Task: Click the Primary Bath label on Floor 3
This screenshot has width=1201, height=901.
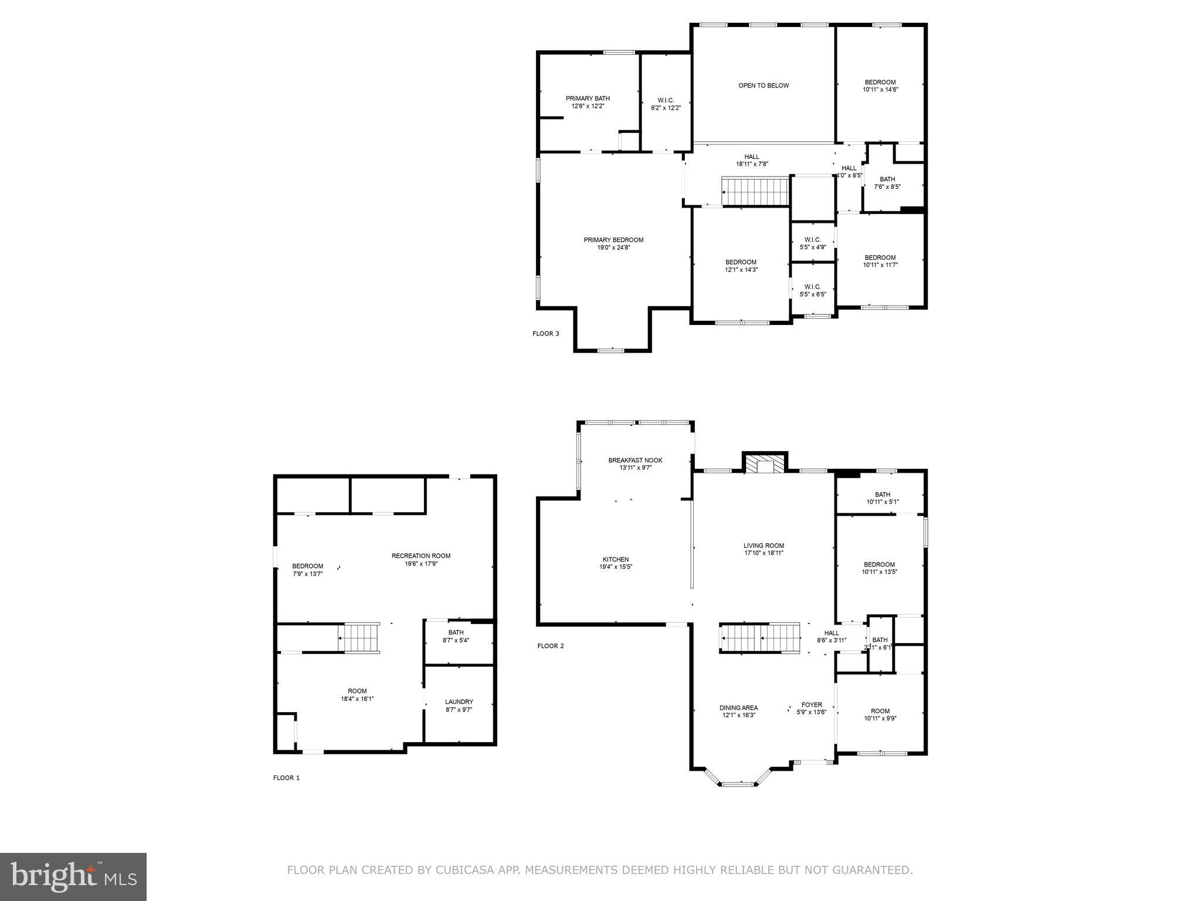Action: pos(588,102)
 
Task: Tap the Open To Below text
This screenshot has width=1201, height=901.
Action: pos(763,86)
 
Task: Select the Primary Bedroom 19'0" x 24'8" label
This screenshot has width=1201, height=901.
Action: pos(613,243)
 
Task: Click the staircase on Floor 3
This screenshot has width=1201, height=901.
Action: pos(756,192)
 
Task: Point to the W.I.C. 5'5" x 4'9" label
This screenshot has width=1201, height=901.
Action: pos(812,243)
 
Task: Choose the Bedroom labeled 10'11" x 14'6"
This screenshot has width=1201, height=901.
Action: pos(880,86)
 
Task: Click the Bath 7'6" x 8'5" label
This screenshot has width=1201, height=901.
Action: pos(887,183)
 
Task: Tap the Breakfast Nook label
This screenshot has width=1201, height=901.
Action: pos(635,464)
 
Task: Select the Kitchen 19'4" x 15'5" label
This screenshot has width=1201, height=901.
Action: pos(615,563)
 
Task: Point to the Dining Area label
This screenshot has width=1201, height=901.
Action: pos(738,712)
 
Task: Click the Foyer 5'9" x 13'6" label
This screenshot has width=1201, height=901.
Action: pos(812,709)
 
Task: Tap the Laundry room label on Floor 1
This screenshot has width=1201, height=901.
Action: pos(459,705)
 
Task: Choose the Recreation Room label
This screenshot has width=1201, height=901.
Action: pos(421,560)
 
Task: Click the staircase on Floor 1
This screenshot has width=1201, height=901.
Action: pos(359,638)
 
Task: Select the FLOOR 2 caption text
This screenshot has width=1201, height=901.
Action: pos(550,646)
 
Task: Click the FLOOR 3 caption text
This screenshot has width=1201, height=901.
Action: pos(545,334)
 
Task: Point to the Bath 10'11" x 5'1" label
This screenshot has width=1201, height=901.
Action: pos(882,498)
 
